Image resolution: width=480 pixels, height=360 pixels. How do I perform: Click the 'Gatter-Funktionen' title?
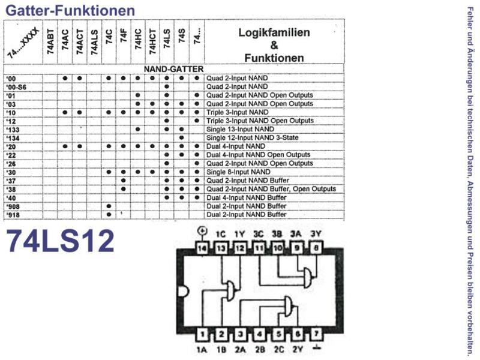click(70, 10)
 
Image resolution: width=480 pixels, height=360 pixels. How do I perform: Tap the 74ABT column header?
click(50, 41)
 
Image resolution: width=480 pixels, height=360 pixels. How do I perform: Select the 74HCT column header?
click(152, 41)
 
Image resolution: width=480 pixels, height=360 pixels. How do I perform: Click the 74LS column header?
click(167, 38)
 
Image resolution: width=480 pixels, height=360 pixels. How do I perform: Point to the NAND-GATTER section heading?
click(173, 69)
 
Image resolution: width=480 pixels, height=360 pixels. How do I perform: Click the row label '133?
click(13, 130)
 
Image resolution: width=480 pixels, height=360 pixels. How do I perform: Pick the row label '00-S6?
click(16, 87)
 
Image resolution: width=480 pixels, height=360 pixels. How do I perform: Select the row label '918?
click(13, 215)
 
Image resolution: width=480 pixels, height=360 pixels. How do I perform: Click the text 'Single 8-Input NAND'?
click(238, 172)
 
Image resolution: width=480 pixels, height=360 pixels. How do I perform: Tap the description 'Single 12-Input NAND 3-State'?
click(252, 138)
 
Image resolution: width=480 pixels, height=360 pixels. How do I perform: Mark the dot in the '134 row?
click(182, 138)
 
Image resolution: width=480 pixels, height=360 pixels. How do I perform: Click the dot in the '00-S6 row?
click(167, 86)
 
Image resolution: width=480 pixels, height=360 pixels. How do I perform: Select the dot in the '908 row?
click(109, 206)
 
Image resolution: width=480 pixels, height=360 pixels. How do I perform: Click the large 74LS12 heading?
click(60, 241)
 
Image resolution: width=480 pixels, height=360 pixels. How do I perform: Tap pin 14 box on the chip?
click(202, 248)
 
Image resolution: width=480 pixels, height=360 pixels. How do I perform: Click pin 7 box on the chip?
click(317, 334)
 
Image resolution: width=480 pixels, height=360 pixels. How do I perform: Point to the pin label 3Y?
click(316, 234)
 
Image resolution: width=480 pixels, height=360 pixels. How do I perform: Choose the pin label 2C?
click(279, 349)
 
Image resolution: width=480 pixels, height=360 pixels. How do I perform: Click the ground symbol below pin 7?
click(317, 348)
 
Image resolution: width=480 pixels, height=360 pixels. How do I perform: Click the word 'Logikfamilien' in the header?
click(274, 32)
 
